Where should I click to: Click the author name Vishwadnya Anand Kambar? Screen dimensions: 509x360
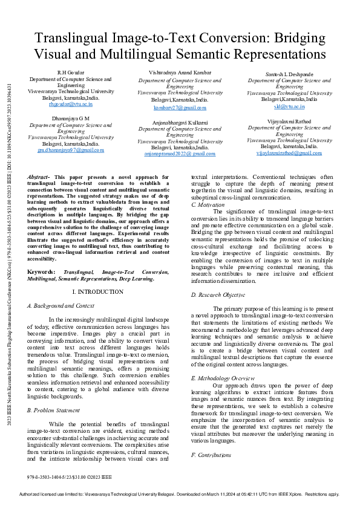(x=180, y=73)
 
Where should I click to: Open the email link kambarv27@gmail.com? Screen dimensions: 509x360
(x=180, y=107)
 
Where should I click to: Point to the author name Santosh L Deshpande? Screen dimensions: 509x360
(x=289, y=74)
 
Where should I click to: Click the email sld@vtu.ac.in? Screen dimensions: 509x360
(x=289, y=106)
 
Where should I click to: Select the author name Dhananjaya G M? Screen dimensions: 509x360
(x=70, y=118)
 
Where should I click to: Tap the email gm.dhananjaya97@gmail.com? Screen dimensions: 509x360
(x=71, y=150)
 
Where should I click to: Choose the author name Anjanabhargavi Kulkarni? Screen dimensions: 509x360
(x=180, y=122)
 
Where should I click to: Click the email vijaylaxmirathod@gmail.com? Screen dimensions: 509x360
(x=289, y=153)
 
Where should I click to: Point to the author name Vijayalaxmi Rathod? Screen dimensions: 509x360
(x=289, y=121)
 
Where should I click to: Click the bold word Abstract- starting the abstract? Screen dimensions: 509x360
(x=40, y=177)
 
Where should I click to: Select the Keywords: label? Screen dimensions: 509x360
(x=41, y=272)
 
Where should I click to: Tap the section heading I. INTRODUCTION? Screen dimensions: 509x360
(x=97, y=292)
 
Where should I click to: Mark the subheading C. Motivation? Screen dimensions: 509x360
(x=208, y=205)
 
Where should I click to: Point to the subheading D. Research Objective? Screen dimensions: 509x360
(x=218, y=295)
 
